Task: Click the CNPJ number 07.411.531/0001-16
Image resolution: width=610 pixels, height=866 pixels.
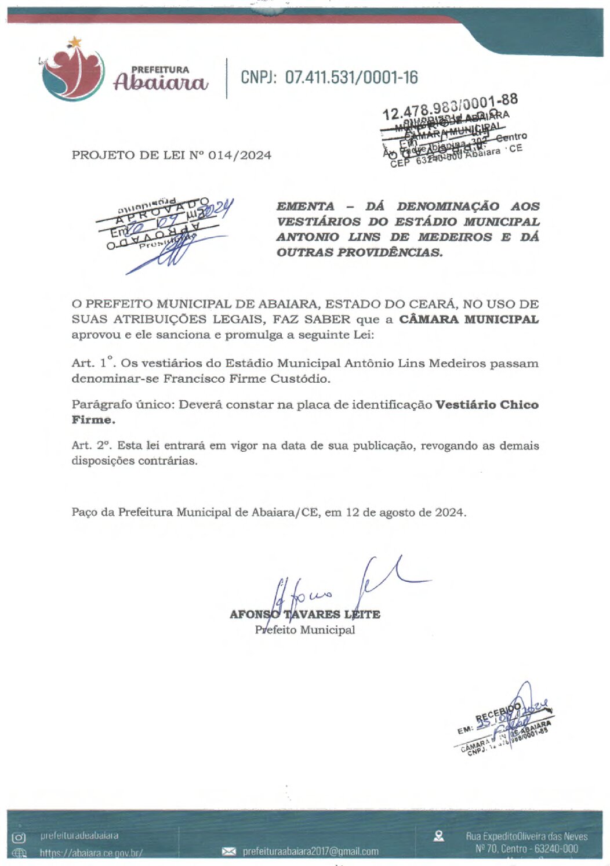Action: [351, 77]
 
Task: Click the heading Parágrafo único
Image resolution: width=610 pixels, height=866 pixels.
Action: [122, 405]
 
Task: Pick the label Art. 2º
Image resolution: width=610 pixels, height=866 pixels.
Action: [92, 445]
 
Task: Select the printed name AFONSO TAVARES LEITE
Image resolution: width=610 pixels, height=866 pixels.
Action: [304, 614]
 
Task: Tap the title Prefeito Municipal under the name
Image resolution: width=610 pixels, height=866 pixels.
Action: [304, 630]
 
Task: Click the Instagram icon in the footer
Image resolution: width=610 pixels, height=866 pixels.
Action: [19, 837]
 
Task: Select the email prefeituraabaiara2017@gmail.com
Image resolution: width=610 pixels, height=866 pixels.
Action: [310, 851]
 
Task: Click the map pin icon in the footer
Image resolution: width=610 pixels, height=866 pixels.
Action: [439, 836]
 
